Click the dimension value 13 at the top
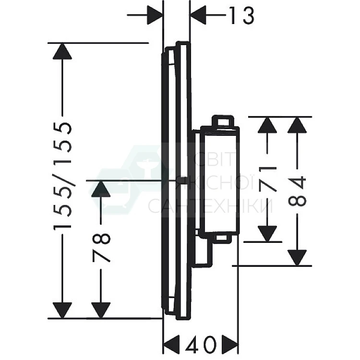tap(241, 15)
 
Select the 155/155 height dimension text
tap(62, 176)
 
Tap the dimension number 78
tap(101, 248)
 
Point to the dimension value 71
tap(267, 180)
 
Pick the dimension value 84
tap(297, 191)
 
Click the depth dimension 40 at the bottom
tap(201, 344)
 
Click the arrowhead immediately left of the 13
tap(198, 15)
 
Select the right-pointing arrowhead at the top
tap(155, 15)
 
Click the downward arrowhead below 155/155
tap(62, 311)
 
